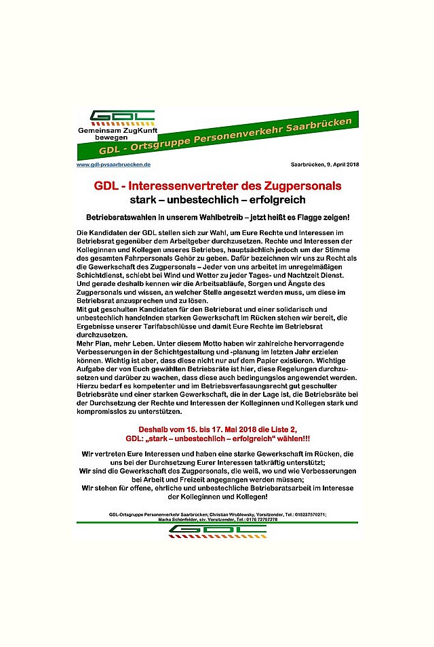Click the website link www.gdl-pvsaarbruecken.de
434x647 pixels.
113,165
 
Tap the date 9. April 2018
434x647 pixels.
338,165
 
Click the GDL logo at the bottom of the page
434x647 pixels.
217,530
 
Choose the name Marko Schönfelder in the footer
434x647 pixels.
182,520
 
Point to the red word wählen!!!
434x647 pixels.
290,438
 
